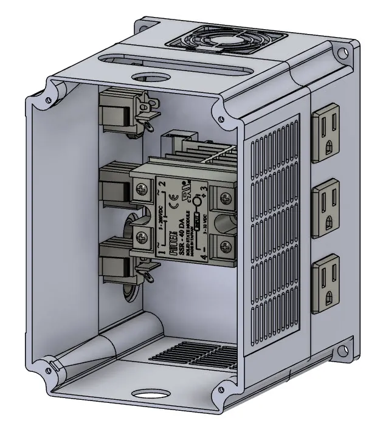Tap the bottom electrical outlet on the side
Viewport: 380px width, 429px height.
tap(328, 284)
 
